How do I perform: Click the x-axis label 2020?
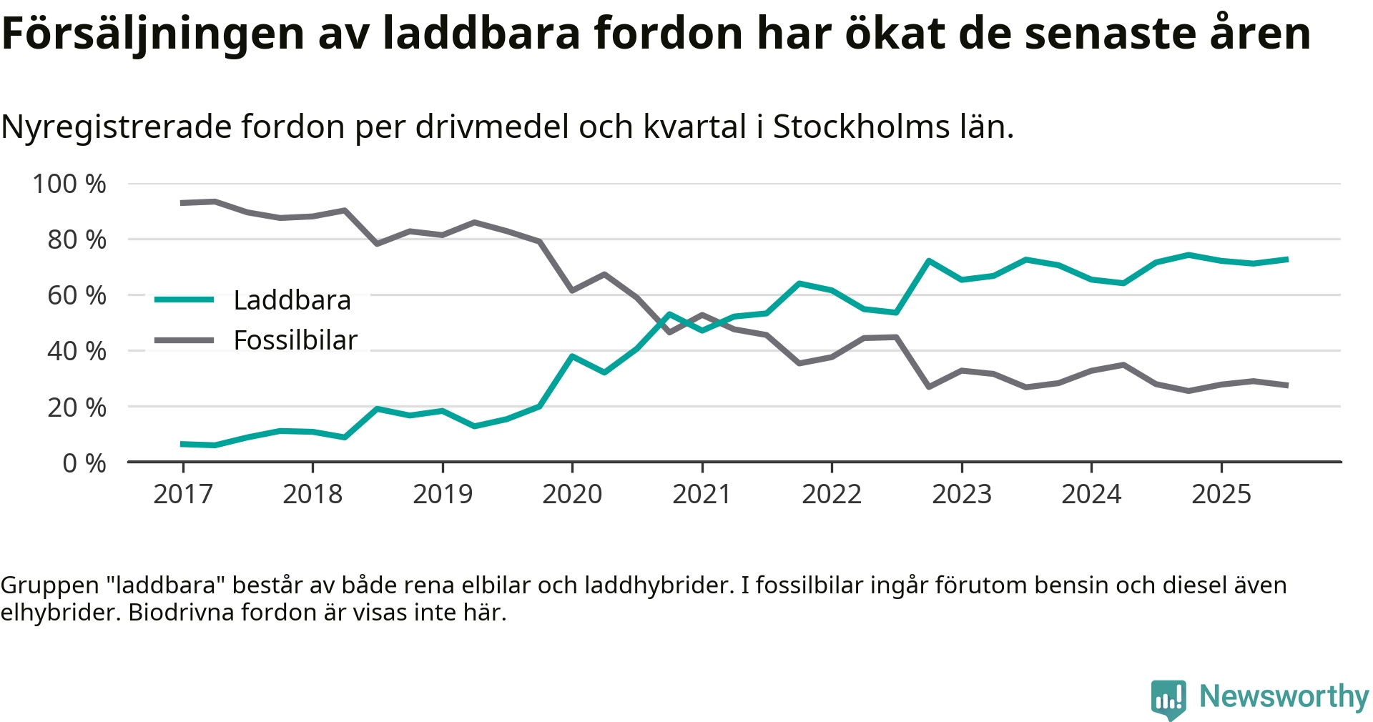coord(572,494)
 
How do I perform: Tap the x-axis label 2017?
coord(183,494)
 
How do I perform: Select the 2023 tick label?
coord(962,494)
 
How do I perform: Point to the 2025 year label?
coord(1221,494)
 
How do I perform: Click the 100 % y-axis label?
coord(69,184)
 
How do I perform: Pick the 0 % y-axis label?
coord(84,463)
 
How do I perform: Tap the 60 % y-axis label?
coord(77,295)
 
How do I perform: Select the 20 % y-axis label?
coord(77,407)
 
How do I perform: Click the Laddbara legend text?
coord(292,300)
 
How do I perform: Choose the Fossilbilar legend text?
coord(295,340)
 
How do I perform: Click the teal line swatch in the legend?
coord(184,300)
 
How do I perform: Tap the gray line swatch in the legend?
coord(184,340)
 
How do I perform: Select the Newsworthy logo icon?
coord(1168,698)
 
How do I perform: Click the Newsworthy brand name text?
coord(1284,696)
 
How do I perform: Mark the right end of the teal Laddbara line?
coord(1286,259)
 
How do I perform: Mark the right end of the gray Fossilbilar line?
coord(1286,385)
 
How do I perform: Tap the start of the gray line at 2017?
coord(183,203)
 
